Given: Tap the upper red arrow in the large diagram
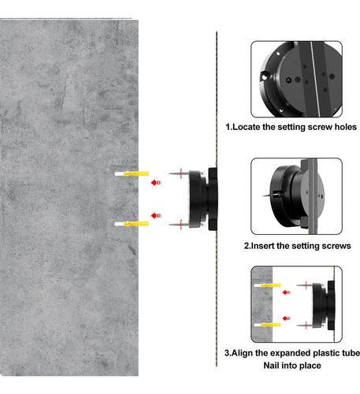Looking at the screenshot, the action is point(156,182).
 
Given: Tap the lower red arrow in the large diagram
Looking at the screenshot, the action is point(156,216).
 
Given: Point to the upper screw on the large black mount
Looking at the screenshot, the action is point(179,173).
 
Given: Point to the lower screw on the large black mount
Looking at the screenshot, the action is point(179,225).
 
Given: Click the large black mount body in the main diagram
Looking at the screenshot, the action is point(202,199).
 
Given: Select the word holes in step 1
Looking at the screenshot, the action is point(346,127).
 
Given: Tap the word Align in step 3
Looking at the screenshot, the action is point(242,353).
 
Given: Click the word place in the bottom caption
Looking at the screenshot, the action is point(310,366).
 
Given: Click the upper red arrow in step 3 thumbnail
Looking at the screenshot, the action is point(287,292).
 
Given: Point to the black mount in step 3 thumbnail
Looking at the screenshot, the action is point(323,306).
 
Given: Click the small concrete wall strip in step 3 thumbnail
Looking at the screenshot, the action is point(262,304).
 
